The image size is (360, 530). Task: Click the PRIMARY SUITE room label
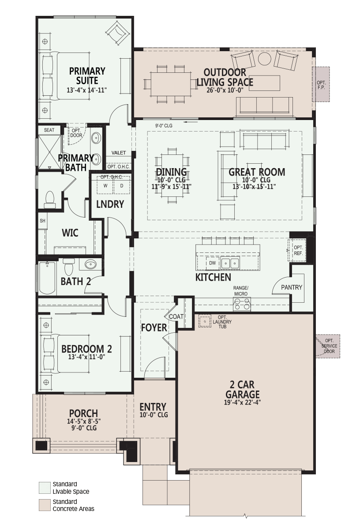pyautogui.click(x=87, y=76)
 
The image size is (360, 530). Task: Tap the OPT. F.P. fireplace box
pyautogui.click(x=321, y=84)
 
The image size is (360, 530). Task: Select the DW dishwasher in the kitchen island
pyautogui.click(x=212, y=263)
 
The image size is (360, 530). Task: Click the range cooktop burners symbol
pyautogui.click(x=242, y=304)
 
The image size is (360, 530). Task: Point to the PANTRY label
pyautogui.click(x=292, y=287)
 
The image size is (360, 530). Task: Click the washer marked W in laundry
pyautogui.click(x=105, y=186)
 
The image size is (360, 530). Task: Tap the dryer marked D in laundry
pyautogui.click(x=122, y=186)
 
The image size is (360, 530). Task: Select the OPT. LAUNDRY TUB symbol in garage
pyautogui.click(x=205, y=321)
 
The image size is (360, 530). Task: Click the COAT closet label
pyautogui.click(x=176, y=316)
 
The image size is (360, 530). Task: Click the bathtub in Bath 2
pyautogui.click(x=47, y=277)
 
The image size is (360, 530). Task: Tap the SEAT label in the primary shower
pyautogui.click(x=49, y=130)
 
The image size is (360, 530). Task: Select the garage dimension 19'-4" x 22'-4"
pyautogui.click(x=243, y=402)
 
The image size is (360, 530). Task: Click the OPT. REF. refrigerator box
pyautogui.click(x=297, y=250)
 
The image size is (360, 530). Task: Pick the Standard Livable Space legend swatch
pyautogui.click(x=45, y=488)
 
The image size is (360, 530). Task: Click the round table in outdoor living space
pyautogui.click(x=265, y=59)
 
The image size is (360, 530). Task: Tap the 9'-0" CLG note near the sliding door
pyautogui.click(x=164, y=126)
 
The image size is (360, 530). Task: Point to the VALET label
pyautogui.click(x=119, y=153)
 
